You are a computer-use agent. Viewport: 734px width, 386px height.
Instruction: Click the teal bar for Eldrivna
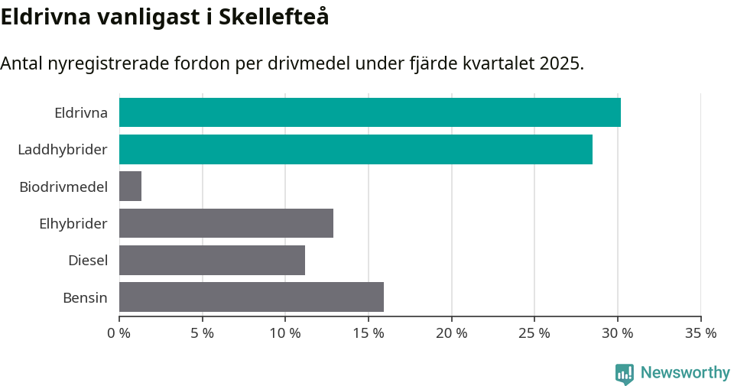point(369,112)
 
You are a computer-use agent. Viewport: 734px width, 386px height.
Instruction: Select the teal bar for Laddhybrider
point(356,149)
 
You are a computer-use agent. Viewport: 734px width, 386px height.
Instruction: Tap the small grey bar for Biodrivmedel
point(130,186)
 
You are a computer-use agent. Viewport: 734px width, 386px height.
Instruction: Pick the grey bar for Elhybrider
point(226,223)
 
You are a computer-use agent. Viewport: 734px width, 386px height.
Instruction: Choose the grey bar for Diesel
point(212,260)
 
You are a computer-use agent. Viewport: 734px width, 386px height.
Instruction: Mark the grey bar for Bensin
point(252,297)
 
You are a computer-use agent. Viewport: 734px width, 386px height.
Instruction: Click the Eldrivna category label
point(80,112)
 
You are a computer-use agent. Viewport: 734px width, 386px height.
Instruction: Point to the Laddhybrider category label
point(62,149)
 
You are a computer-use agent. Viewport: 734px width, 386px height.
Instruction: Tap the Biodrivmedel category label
point(63,186)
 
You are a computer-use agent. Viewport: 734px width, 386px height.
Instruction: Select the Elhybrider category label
point(73,223)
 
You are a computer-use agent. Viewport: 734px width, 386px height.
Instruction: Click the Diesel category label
point(87,260)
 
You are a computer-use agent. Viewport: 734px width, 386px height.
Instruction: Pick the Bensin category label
point(85,297)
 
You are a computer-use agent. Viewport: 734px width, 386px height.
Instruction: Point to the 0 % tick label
point(119,333)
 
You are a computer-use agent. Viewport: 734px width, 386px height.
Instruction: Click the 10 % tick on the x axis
point(285,333)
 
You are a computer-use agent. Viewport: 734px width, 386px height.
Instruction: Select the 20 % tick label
point(451,333)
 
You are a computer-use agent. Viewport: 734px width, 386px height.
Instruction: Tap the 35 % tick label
point(700,333)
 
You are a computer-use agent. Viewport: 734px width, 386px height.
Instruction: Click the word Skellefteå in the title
point(274,17)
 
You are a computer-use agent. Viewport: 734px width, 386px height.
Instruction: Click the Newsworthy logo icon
point(624,374)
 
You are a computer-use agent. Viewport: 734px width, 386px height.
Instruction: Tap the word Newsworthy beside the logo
point(685,373)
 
